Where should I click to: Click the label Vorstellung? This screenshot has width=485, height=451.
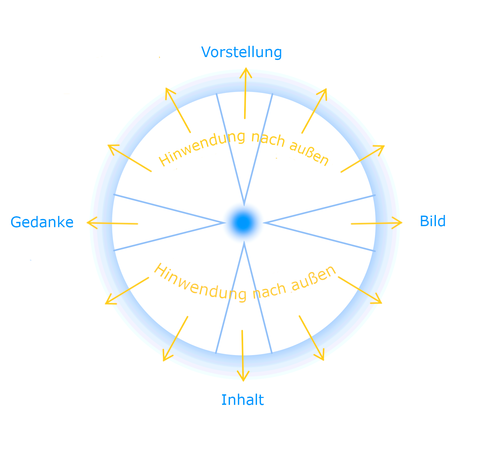click(x=241, y=52)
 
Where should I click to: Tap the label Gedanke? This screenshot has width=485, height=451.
click(x=42, y=222)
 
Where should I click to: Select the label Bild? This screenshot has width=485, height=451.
click(x=433, y=221)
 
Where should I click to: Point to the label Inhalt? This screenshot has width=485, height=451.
click(x=242, y=400)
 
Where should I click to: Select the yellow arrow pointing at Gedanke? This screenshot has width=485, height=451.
click(x=112, y=223)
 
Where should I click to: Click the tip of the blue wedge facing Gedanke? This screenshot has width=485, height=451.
click(x=224, y=223)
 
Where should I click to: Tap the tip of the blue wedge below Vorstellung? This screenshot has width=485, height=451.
click(x=244, y=204)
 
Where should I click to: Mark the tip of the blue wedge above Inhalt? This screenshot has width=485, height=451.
click(x=244, y=243)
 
